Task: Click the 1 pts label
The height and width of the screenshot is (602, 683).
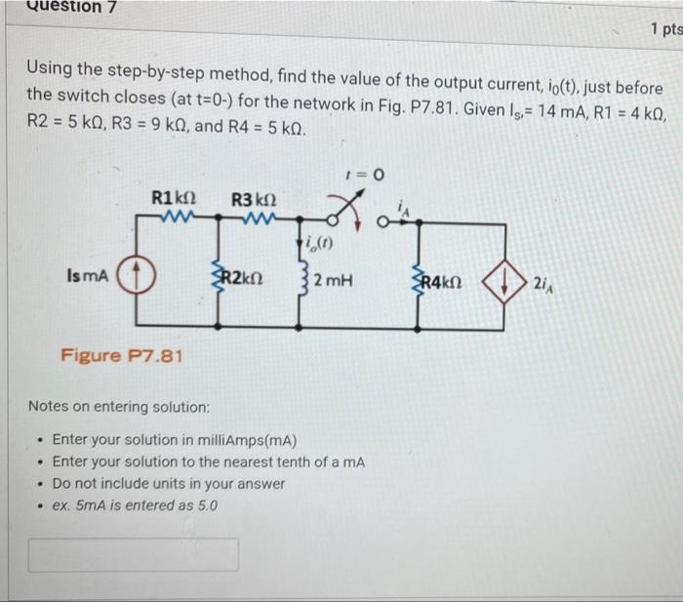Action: tap(664, 30)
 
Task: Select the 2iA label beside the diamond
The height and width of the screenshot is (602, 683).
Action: tap(543, 283)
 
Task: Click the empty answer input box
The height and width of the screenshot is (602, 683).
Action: tap(133, 554)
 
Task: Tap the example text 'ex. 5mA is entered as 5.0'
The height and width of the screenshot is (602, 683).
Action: tap(135, 505)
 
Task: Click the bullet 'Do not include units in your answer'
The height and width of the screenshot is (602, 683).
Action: tap(168, 483)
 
